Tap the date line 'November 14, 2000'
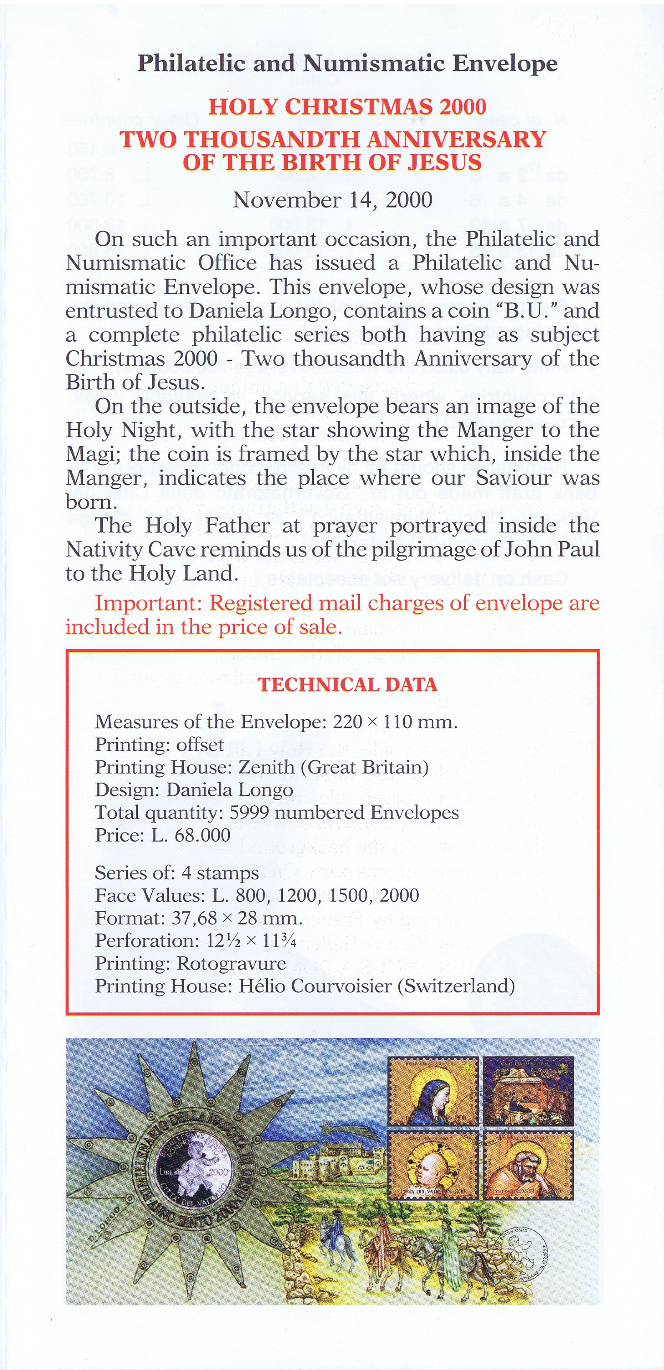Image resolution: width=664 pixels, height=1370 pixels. click(332, 200)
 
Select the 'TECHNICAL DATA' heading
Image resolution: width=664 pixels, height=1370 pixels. click(348, 684)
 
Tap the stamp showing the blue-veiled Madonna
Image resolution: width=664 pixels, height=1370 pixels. click(434, 1090)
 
